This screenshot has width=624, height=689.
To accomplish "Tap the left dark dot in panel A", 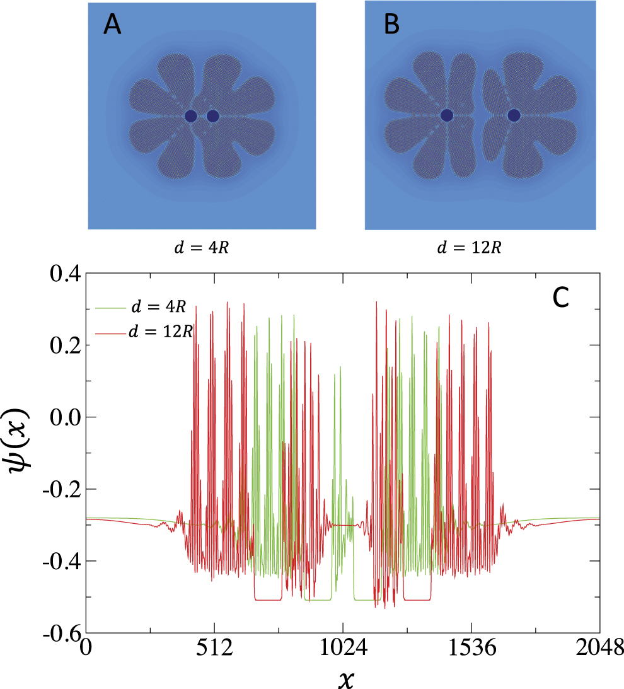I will click(191, 116).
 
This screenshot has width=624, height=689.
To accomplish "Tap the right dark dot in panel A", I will click(212, 116).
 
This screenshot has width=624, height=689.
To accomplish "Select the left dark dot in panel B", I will click(447, 115).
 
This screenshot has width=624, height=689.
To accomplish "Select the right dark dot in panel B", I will click(514, 115).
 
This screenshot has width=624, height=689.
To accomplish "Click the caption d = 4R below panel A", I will click(201, 246).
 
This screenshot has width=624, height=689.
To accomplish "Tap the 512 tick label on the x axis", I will click(215, 648).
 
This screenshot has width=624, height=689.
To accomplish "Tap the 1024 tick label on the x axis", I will click(342, 648).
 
